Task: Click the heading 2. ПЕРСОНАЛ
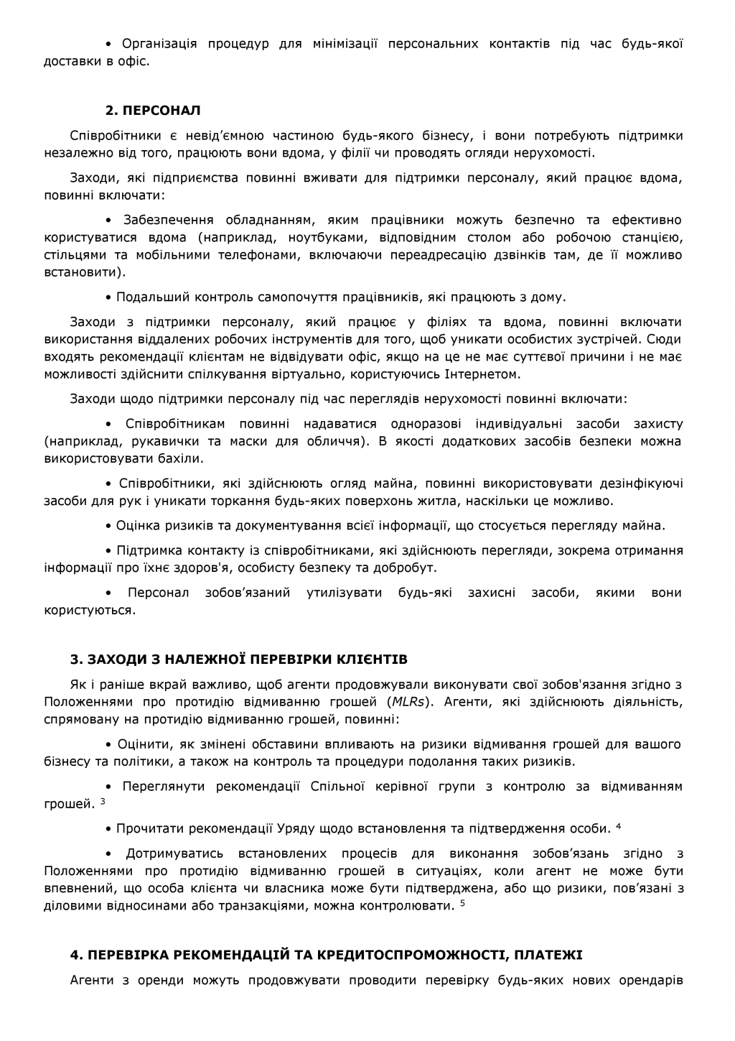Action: [x=153, y=111]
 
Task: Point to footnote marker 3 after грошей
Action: [x=103, y=802]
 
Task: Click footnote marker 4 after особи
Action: [x=618, y=827]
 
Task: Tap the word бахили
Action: [x=180, y=458]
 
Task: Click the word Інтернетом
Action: [x=481, y=374]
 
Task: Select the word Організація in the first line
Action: [x=159, y=44]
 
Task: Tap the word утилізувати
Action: [x=348, y=593]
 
